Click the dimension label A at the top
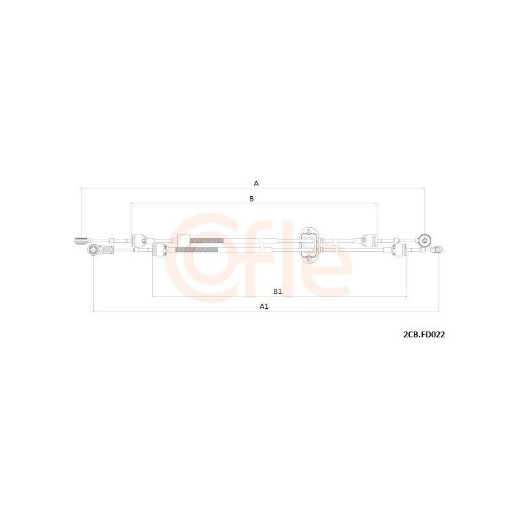pyautogui.click(x=256, y=183)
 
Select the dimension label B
pyautogui.click(x=251, y=199)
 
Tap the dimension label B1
pyautogui.click(x=278, y=291)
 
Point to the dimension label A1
pyautogui.click(x=264, y=306)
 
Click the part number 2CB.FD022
pyautogui.click(x=424, y=335)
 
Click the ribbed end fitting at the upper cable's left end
pyautogui.click(x=81, y=241)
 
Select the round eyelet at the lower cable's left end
pyautogui.click(x=94, y=250)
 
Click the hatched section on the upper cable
pyautogui.click(x=207, y=240)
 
